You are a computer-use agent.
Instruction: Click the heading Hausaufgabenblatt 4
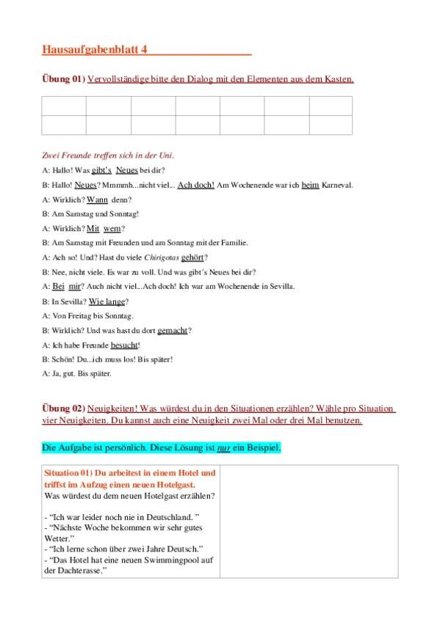95,50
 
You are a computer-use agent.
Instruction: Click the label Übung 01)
62,79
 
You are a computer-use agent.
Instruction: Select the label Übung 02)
62,408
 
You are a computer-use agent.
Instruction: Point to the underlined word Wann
97,199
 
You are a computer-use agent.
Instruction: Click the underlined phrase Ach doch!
196,185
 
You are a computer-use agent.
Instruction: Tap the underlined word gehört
194,257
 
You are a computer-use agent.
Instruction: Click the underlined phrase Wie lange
107,301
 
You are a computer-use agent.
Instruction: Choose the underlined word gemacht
172,330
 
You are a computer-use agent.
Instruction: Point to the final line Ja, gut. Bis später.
77,373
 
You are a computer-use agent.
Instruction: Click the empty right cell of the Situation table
309,521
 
